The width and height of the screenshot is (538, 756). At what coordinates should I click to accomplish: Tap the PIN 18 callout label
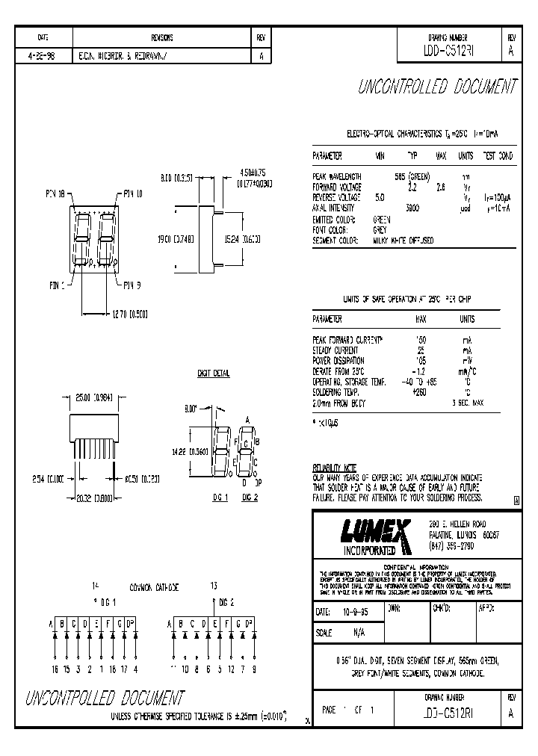[x=55, y=193]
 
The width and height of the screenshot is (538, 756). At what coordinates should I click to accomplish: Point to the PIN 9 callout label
[x=132, y=284]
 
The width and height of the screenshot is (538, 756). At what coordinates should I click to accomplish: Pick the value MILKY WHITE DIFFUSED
[x=403, y=241]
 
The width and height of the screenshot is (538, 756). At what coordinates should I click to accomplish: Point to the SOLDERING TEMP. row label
[x=336, y=392]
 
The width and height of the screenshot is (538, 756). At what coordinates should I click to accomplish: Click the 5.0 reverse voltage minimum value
[x=380, y=198]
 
